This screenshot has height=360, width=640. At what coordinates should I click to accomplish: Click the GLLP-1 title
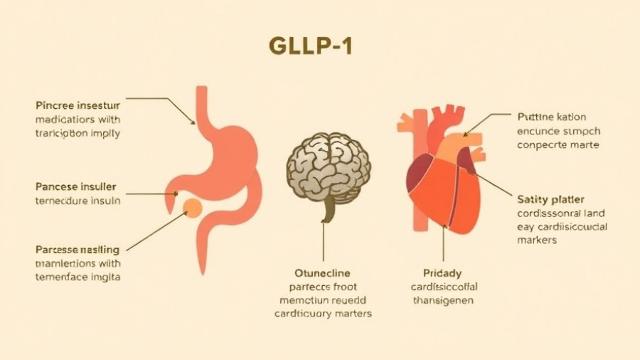click(311, 46)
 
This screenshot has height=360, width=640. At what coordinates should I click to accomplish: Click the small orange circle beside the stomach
click(192, 207)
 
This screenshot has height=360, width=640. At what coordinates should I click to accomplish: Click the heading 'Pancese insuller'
click(75, 187)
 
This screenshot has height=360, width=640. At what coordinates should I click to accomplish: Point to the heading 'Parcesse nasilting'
click(78, 250)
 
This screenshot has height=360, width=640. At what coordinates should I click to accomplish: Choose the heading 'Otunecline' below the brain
click(323, 272)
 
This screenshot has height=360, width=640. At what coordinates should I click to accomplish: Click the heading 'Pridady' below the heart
click(442, 273)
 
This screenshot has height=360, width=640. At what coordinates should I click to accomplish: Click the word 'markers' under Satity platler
click(537, 240)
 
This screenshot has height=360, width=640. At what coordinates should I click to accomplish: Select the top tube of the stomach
click(202, 107)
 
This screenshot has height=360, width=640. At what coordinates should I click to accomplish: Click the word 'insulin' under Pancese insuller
click(104, 201)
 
